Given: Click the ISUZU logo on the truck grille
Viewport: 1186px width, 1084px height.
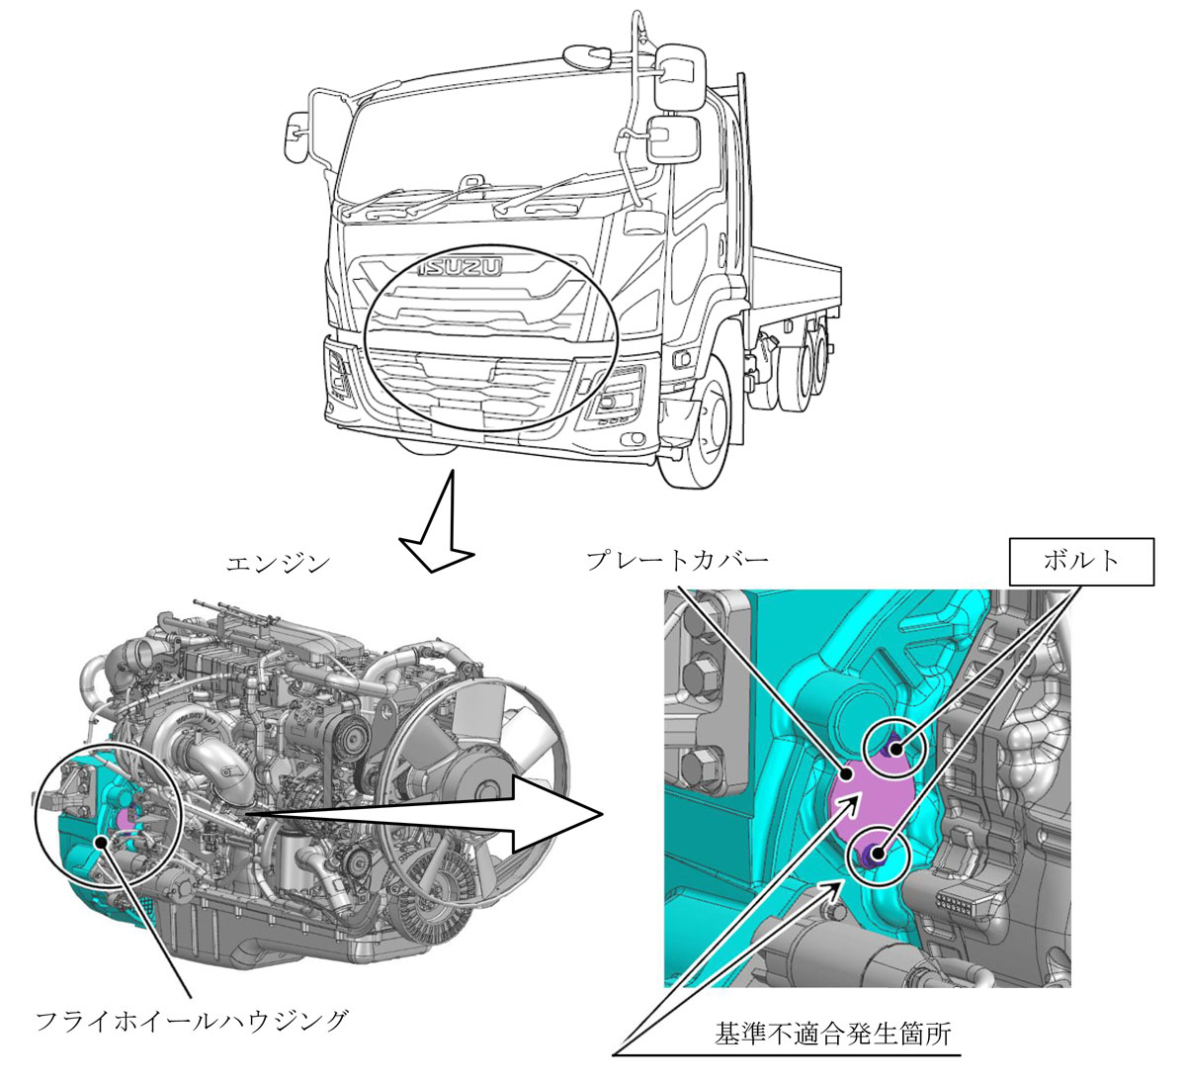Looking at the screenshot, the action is [x=460, y=267].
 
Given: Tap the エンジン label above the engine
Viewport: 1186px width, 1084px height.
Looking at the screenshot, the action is [x=279, y=564].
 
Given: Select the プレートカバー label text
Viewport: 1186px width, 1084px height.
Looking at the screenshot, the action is [x=678, y=560].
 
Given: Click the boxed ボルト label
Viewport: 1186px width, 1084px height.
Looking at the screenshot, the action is [x=1081, y=561].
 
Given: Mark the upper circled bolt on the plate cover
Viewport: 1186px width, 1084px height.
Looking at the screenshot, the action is [x=895, y=749].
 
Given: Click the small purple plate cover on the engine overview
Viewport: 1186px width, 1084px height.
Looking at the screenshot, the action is [x=127, y=818].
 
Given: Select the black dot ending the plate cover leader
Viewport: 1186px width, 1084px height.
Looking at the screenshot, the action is [x=847, y=773].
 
